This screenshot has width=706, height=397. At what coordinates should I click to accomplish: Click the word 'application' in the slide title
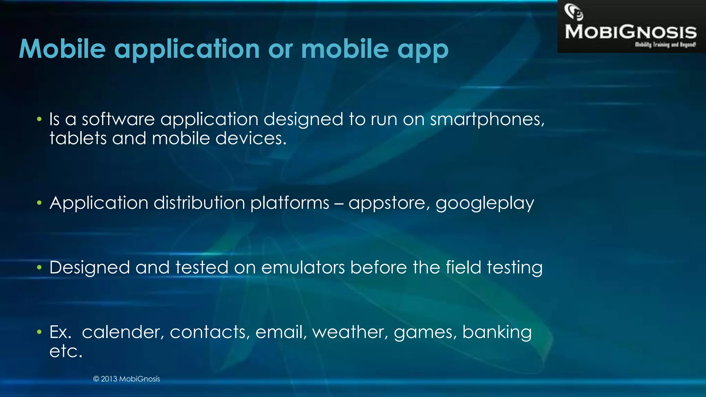point(187,49)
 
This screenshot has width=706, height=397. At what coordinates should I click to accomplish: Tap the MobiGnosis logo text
point(631,32)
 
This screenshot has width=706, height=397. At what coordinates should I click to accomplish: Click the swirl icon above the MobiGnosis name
point(574,12)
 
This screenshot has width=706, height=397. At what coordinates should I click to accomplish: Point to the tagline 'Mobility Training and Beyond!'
point(665,45)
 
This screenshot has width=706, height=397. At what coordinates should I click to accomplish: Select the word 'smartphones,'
point(487,120)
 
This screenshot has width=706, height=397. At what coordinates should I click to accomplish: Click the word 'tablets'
point(78,139)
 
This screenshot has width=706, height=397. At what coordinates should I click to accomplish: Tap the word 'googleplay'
point(485,203)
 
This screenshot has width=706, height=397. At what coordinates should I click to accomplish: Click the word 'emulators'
point(303,268)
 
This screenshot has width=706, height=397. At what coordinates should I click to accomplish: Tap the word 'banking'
point(497,333)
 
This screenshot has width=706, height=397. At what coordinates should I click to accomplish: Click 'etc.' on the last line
point(66,352)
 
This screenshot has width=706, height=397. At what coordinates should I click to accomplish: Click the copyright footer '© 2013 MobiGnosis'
point(127,379)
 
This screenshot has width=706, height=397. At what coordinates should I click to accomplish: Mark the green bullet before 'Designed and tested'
point(39,268)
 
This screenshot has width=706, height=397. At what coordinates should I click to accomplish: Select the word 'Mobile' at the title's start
point(62,49)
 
